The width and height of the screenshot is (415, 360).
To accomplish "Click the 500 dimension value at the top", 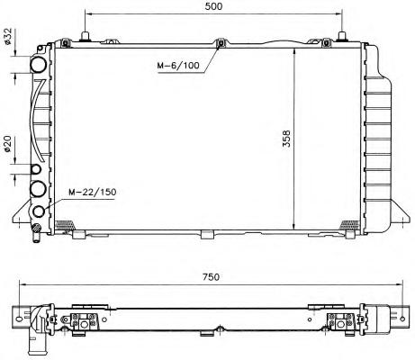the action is [213, 6].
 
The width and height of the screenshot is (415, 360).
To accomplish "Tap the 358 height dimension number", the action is [287, 139].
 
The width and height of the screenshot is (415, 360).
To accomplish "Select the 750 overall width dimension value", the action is [211, 276].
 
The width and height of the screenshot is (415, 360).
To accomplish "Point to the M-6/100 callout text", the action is [178, 65].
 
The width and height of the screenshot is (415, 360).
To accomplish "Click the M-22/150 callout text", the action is [93, 192].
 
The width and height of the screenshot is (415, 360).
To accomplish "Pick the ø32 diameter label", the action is [7, 36].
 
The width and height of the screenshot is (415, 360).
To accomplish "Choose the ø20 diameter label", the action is [7, 144].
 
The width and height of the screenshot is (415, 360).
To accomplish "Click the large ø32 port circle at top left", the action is [39, 64].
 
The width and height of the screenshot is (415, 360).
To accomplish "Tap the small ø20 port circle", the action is [36, 169].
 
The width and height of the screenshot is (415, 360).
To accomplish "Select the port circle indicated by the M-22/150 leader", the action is [39, 211].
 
